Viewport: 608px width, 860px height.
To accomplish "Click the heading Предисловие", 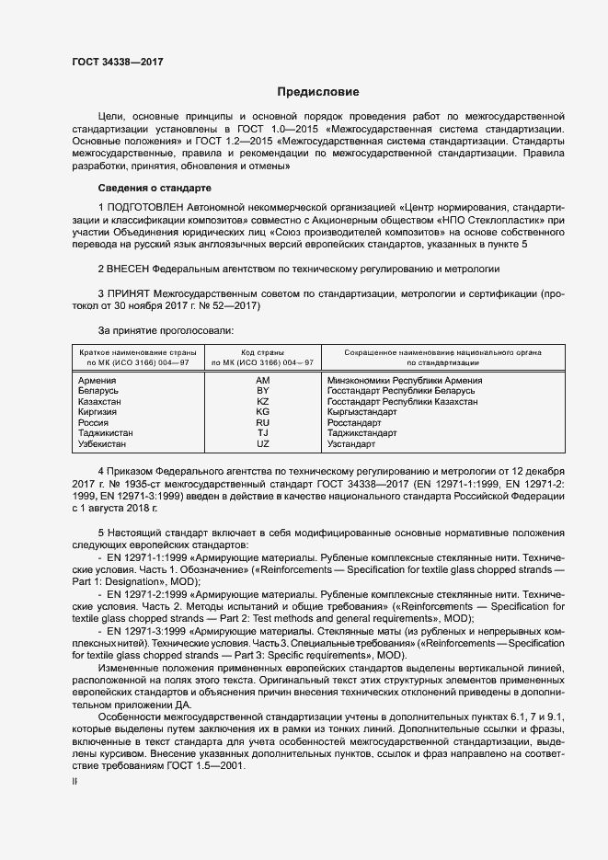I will coord(317,92).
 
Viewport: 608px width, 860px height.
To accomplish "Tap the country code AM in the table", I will coord(262,380).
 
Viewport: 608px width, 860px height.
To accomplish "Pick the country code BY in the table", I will coord(262,391).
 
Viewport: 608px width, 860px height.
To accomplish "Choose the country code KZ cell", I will coord(262,402).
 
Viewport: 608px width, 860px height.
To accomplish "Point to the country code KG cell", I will coord(262,412).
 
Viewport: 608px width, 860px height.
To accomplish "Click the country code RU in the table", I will coord(262,423).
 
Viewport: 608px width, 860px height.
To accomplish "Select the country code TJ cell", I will coord(262,433).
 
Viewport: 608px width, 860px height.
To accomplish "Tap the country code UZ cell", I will coord(262,444).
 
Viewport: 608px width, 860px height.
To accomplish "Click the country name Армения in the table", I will coord(98,380).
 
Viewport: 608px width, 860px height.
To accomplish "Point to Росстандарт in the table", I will coord(354,423).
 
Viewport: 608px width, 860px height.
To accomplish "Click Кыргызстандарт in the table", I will coord(363,412).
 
